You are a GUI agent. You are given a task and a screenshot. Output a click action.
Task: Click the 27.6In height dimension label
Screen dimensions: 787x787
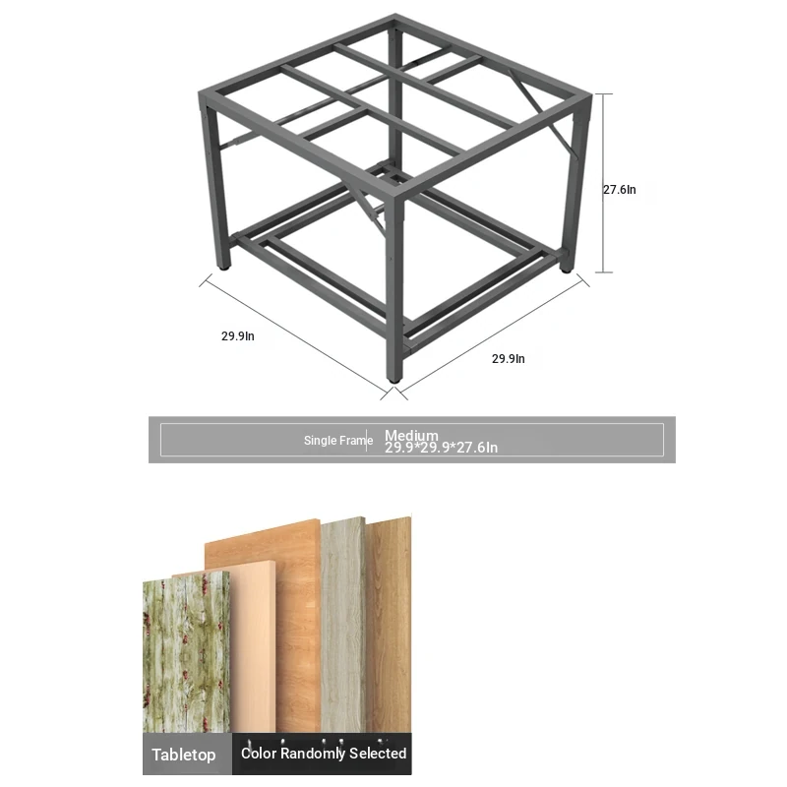tap(620, 190)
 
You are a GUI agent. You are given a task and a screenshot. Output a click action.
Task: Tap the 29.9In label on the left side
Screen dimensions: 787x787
tap(238, 336)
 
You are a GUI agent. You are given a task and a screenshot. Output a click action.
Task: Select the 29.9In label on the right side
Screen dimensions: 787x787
tap(509, 359)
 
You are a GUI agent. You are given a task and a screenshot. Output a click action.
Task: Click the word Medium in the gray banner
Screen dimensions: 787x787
tap(411, 435)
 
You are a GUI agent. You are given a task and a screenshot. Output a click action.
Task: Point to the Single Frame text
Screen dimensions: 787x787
tap(338, 440)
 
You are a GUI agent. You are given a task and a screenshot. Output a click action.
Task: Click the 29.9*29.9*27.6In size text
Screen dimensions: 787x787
tap(441, 448)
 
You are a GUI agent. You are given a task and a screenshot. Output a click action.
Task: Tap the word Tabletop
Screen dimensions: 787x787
tap(184, 755)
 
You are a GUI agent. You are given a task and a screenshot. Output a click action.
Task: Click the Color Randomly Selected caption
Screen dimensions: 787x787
tap(324, 753)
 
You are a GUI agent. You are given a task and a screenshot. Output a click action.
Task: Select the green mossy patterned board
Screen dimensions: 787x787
tap(187, 652)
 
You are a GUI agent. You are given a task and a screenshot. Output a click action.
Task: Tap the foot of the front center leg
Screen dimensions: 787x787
tap(394, 380)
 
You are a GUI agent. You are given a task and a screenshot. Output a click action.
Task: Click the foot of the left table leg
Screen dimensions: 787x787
tap(224, 267)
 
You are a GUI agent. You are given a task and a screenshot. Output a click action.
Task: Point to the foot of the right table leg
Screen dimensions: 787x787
tap(567, 269)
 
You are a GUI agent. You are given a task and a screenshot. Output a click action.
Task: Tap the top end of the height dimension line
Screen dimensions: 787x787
tap(604, 93)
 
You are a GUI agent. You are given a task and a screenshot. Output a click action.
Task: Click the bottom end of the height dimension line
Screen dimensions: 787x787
tap(604, 272)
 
